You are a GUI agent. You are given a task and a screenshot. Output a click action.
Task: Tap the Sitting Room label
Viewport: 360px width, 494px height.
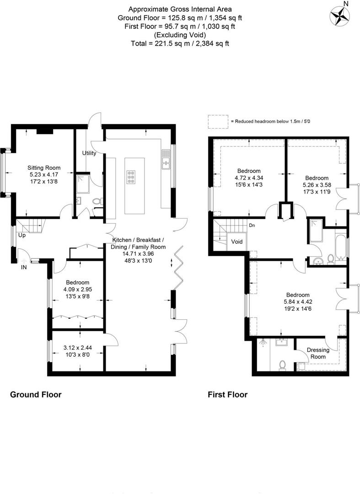tap(44, 168)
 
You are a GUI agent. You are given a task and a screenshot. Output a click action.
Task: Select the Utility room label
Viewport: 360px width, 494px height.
tap(89, 153)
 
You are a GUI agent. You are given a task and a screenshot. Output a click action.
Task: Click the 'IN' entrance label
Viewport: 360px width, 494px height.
tap(24, 267)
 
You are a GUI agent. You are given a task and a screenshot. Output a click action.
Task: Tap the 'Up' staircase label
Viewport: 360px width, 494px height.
tap(22, 236)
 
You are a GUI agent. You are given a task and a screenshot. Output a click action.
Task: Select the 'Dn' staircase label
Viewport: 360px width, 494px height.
tap(252, 225)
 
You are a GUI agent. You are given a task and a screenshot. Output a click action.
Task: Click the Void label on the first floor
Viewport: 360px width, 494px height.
tap(237, 242)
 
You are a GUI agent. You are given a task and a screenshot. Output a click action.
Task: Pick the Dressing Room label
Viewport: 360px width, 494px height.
tap(318, 354)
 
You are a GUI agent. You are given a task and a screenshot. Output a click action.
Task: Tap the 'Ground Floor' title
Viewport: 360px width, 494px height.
tap(36, 394)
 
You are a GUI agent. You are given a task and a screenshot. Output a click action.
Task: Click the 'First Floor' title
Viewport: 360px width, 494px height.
tap(227, 394)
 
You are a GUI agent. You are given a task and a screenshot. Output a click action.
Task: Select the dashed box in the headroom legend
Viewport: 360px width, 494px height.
tap(218, 121)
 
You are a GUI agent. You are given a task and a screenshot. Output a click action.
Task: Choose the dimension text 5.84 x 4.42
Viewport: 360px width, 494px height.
tap(298, 302)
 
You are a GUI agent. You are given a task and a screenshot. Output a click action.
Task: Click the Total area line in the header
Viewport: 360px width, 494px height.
tap(180, 44)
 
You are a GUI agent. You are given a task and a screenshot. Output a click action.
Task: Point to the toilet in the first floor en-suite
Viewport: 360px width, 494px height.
tap(282, 365)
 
